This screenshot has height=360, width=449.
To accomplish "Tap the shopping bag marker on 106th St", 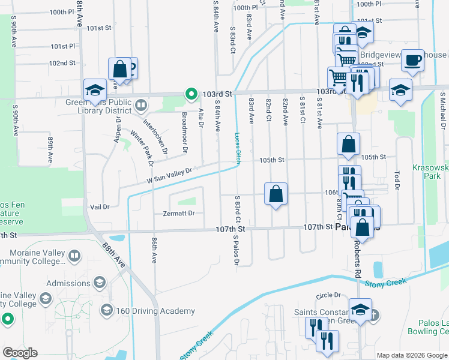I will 276,194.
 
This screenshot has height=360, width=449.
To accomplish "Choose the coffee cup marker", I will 412,60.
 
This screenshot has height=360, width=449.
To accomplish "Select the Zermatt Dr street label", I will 179,213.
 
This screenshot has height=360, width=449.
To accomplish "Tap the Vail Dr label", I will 100,206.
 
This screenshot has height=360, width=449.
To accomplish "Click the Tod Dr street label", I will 397,180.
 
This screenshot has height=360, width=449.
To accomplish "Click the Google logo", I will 20,353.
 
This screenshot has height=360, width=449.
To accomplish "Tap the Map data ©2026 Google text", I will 411,355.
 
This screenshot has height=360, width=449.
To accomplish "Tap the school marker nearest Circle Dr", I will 360,310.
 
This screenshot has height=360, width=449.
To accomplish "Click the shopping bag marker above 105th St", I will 348,144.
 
